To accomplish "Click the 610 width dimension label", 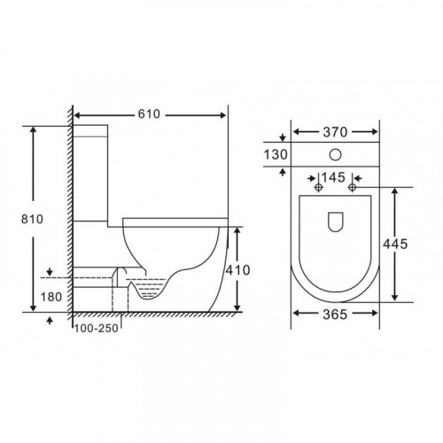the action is point(149,114).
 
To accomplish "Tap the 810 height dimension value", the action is point(32,219).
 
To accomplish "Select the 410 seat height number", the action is point(237,270).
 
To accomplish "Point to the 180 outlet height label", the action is point(51,297).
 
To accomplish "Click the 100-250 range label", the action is point(97,328).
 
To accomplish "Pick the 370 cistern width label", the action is point(335,132).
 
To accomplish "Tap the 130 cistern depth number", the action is point(276,154).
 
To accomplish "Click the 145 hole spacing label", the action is point(333,177).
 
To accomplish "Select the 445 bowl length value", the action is point(395,244).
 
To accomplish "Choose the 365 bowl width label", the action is point(335,315).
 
